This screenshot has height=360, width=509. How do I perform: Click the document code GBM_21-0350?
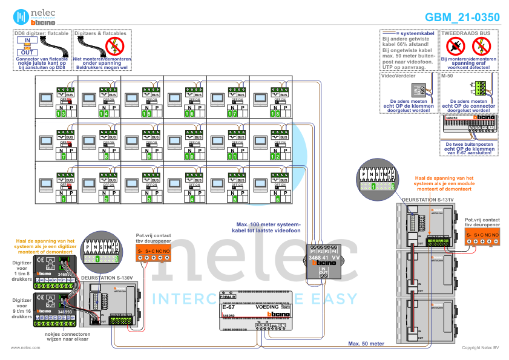[462, 18]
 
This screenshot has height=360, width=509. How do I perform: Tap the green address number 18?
[275, 114]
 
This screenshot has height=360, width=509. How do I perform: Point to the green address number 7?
[63, 156]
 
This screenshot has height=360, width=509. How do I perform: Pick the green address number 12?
[275, 156]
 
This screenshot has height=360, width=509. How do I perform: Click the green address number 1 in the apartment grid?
[63, 198]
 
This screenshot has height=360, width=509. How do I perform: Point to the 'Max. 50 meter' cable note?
[366, 343]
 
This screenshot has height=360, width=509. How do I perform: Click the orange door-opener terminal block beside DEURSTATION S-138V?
[153, 254]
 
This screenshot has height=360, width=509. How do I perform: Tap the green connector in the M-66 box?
[480, 88]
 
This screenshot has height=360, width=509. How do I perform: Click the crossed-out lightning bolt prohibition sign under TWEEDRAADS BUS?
[482, 44]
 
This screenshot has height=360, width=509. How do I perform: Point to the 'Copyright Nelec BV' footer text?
[480, 348]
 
